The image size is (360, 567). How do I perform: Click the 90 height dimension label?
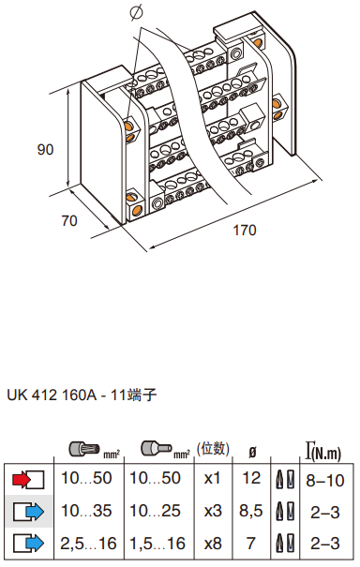(x=45, y=149)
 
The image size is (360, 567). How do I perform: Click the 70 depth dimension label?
(x=69, y=220)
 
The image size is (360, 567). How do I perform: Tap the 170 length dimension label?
(x=245, y=230)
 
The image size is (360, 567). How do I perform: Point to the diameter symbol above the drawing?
(x=136, y=12)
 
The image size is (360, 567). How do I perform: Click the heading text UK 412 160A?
(x=52, y=395)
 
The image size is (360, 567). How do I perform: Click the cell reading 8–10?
(x=325, y=481)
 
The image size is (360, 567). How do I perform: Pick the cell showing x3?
(x=213, y=511)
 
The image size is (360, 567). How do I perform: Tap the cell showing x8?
(x=213, y=544)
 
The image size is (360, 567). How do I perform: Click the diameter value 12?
(x=251, y=478)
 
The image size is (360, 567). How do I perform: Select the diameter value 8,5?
(x=250, y=511)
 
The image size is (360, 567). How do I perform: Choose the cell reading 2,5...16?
(x=89, y=544)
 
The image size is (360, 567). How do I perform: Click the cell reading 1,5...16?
(x=157, y=544)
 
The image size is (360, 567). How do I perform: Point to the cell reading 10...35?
(x=86, y=511)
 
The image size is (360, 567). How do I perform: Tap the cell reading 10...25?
(x=156, y=511)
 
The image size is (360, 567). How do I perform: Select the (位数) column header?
(x=213, y=449)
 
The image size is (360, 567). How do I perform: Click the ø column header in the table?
(x=252, y=452)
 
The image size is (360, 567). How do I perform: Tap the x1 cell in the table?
(x=213, y=478)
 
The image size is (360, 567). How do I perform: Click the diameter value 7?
(x=250, y=544)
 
